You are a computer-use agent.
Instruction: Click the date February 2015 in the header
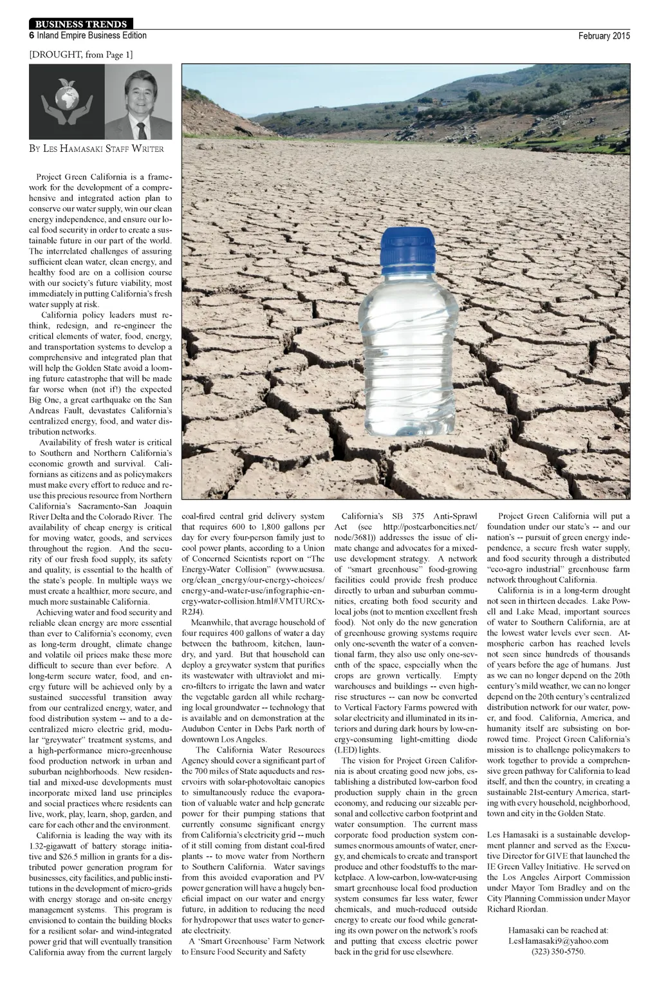pos(604,36)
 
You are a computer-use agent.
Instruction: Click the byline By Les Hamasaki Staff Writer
pos(97,149)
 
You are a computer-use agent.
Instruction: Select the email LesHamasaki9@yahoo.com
pos(558,941)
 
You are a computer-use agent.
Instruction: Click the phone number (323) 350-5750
pos(558,952)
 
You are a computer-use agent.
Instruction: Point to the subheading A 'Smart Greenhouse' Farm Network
pos(257,941)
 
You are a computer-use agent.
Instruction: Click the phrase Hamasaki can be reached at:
pos(558,930)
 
